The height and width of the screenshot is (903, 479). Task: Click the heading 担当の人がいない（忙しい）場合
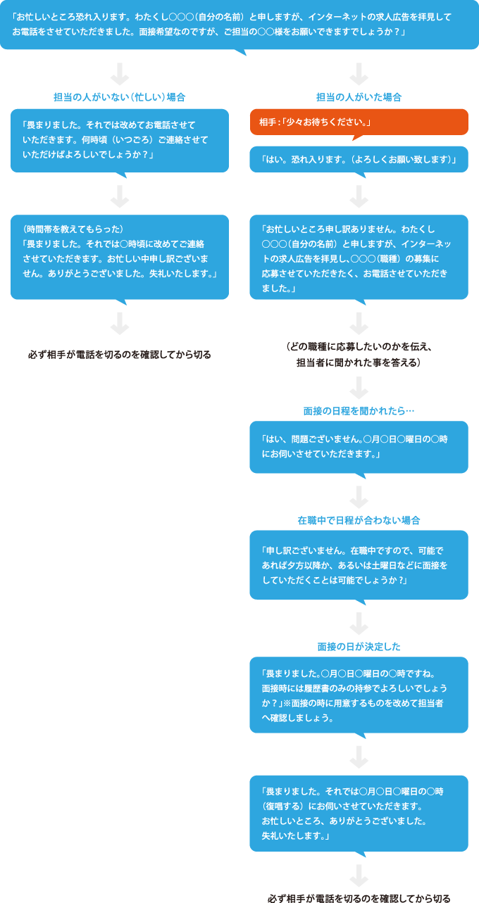[x=120, y=97]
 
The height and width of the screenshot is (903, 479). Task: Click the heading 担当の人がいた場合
[x=359, y=97]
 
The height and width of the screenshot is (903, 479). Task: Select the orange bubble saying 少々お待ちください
[x=359, y=122]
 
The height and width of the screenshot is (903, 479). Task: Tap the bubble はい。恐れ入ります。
[x=359, y=159]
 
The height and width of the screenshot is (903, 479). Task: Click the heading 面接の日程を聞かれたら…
[x=359, y=410]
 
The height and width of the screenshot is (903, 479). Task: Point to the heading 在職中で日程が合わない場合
[x=359, y=520]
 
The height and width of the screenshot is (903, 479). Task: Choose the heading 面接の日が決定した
[x=359, y=646]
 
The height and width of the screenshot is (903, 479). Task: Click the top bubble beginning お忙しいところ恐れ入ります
[x=240, y=25]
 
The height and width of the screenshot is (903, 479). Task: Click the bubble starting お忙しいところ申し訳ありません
[x=359, y=258]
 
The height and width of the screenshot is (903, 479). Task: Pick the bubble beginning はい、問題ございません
[x=359, y=446]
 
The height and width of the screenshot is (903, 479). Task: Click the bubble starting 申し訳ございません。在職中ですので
[x=359, y=564]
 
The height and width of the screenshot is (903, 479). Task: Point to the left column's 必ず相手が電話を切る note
[x=120, y=355]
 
